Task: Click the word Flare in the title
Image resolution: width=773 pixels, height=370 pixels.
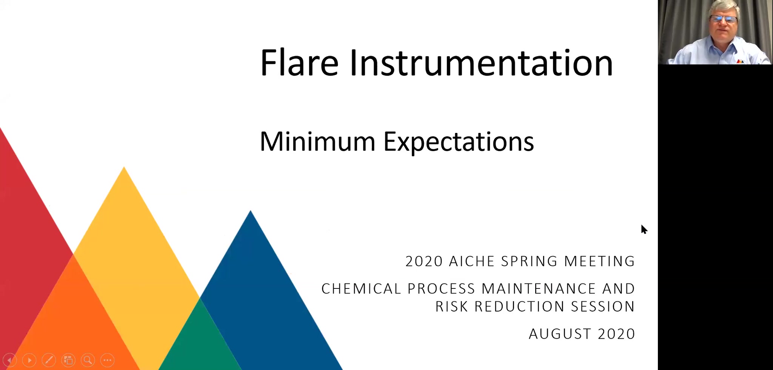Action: pos(299,63)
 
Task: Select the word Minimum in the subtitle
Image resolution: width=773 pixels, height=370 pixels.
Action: pos(317,142)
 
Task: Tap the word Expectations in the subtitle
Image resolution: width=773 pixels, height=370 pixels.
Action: pos(459,143)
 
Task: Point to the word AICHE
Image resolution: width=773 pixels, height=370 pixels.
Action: pos(472,261)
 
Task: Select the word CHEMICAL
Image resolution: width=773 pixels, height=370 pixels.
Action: pos(361,289)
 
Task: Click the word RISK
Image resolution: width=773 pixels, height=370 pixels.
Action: pos(452,307)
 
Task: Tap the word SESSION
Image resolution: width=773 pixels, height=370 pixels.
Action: pos(603,307)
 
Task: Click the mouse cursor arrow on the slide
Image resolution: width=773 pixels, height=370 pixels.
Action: pos(644,229)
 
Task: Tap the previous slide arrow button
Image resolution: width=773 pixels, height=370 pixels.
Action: pos(10,360)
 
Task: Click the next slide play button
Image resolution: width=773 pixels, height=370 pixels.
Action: pos(29,360)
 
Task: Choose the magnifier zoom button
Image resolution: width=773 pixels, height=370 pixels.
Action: pos(88,360)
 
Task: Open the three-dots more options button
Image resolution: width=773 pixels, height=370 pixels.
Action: pos(108,360)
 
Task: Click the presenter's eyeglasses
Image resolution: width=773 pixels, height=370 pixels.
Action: pos(723,19)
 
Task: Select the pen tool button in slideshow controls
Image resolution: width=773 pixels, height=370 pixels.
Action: pos(49,360)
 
